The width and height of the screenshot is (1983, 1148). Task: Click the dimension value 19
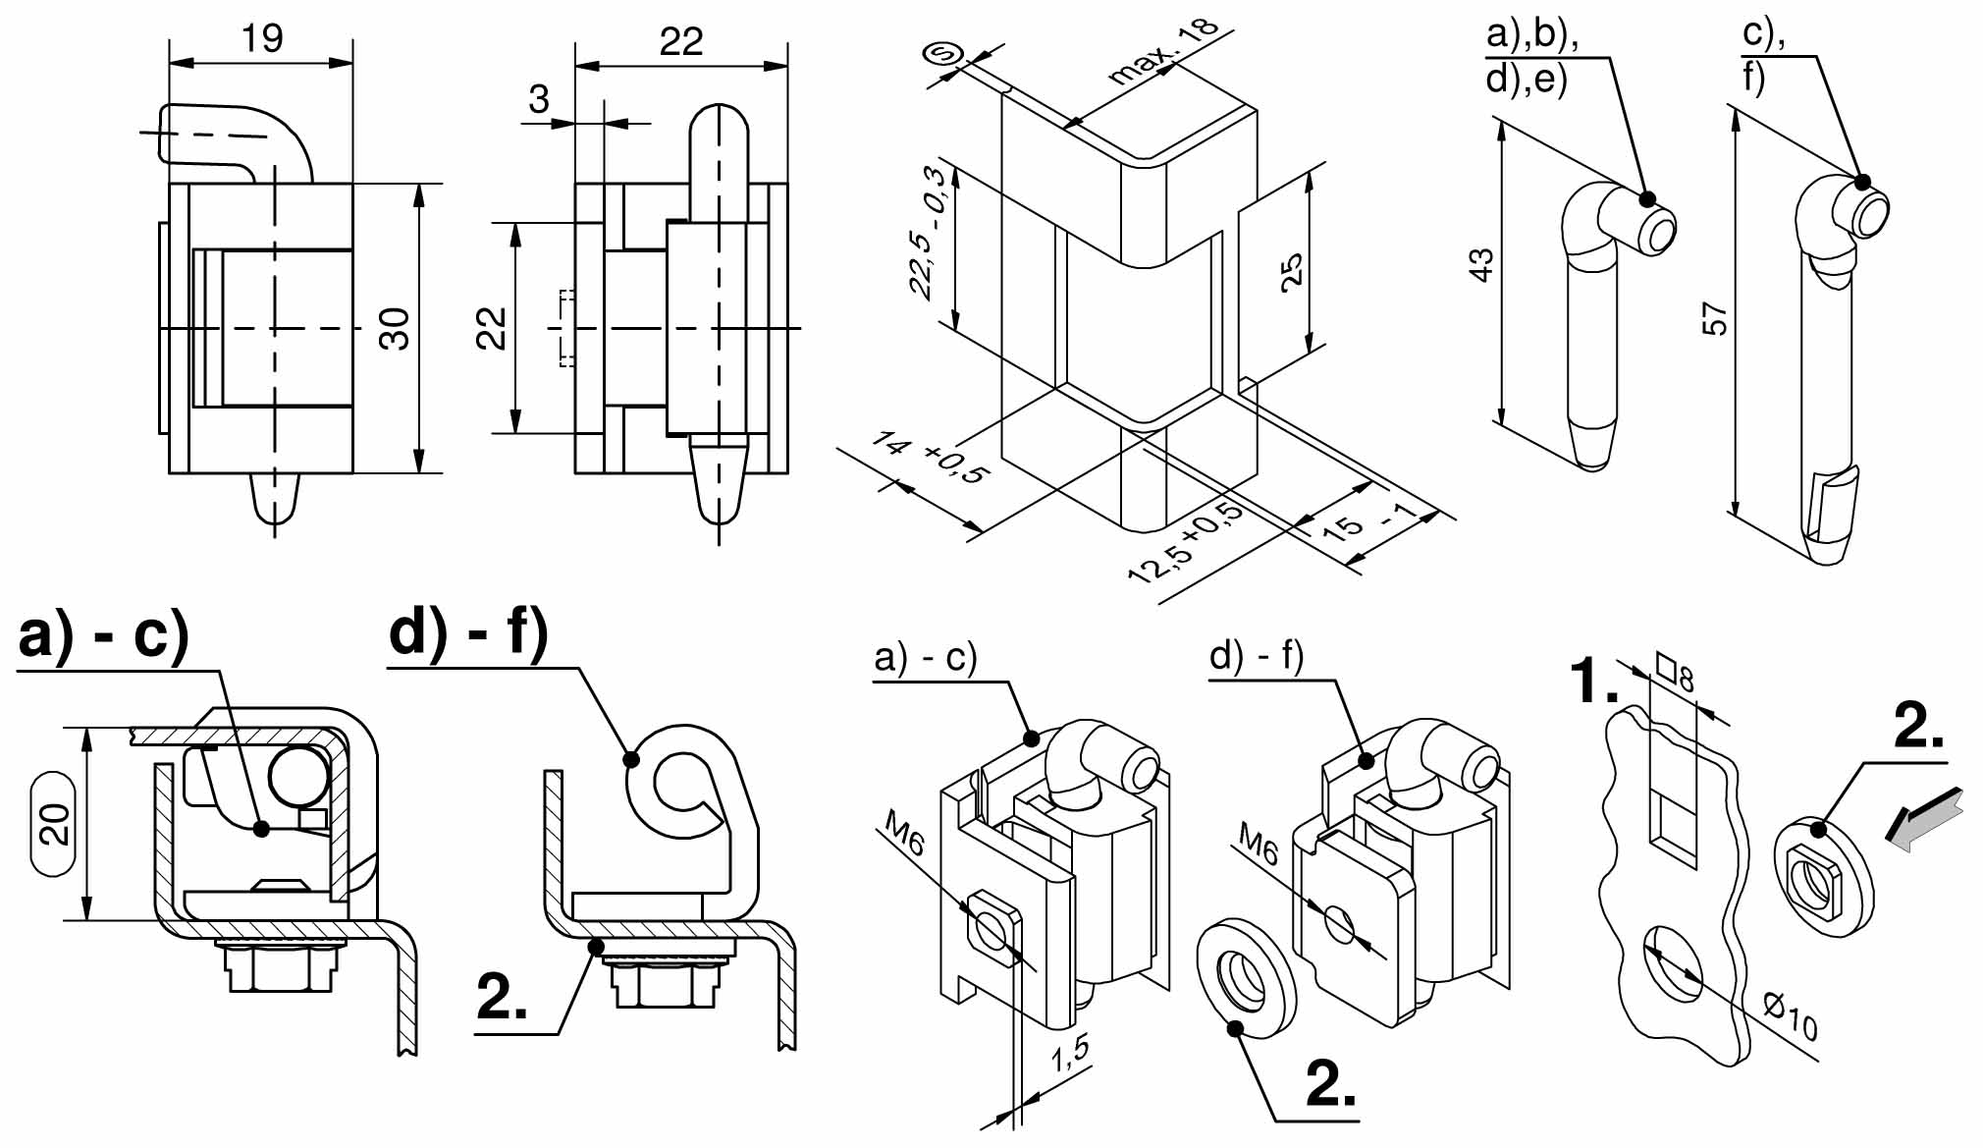(262, 38)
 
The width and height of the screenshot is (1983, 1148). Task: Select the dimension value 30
(396, 328)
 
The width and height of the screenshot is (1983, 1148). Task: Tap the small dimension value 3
(539, 99)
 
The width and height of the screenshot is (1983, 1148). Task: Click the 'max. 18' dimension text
(1162, 51)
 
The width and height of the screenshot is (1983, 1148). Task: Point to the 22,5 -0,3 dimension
(928, 233)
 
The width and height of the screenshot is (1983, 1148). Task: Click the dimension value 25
(1292, 269)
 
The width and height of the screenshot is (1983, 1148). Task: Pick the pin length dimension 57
(1713, 319)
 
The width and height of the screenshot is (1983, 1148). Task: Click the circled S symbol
(943, 55)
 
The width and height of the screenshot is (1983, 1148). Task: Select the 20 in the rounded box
(56, 823)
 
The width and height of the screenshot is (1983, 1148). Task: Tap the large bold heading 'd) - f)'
(468, 631)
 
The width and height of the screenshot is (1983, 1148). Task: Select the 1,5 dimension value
(1070, 1054)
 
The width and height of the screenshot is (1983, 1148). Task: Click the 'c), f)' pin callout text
(1763, 55)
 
